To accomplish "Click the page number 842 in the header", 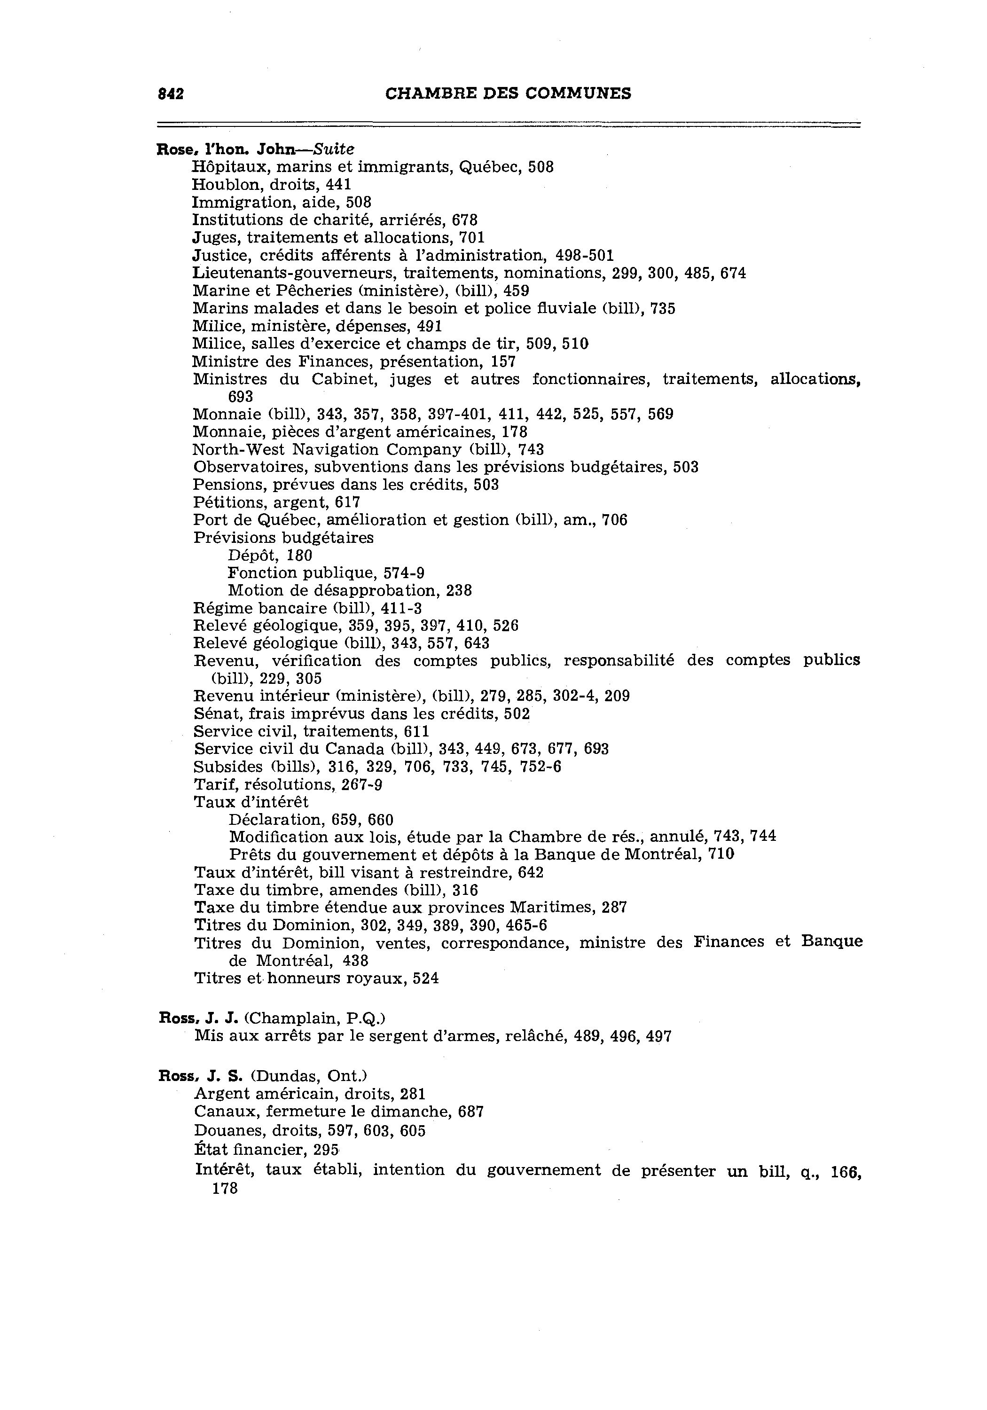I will click(x=171, y=94).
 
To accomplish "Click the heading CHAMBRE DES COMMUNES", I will click(x=508, y=94).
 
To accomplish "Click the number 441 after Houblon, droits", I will click(x=338, y=184).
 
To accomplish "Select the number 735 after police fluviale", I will click(x=662, y=308).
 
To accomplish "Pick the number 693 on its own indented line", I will click(x=240, y=397).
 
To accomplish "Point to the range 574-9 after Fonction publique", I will click(x=404, y=573).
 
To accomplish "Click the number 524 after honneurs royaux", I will click(x=426, y=978).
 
